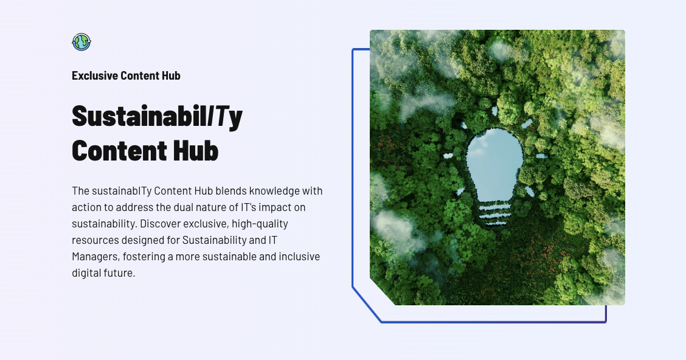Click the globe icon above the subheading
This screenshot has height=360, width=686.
[x=81, y=42]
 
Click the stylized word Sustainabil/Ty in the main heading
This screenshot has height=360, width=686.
[x=157, y=116]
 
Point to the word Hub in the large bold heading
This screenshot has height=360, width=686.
[x=196, y=150]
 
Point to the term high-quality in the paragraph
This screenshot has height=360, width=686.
[x=260, y=224]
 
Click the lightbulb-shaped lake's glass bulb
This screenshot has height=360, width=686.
[x=494, y=164]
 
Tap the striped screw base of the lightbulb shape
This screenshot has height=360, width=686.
[x=494, y=214]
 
